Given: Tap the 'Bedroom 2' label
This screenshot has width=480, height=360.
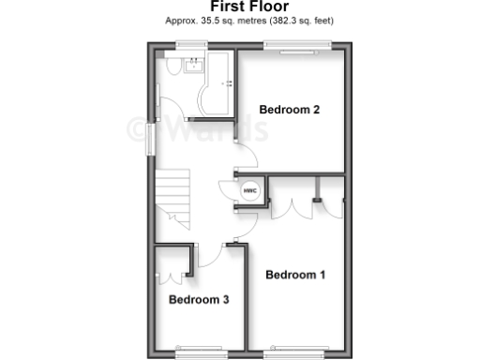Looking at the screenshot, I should (290, 110).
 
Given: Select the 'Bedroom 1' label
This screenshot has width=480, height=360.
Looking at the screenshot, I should (295, 275).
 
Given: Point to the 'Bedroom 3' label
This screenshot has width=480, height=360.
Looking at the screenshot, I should (199, 300).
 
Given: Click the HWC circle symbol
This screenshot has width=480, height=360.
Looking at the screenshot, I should (250, 190).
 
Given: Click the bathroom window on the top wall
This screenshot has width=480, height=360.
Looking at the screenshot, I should (193, 45).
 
